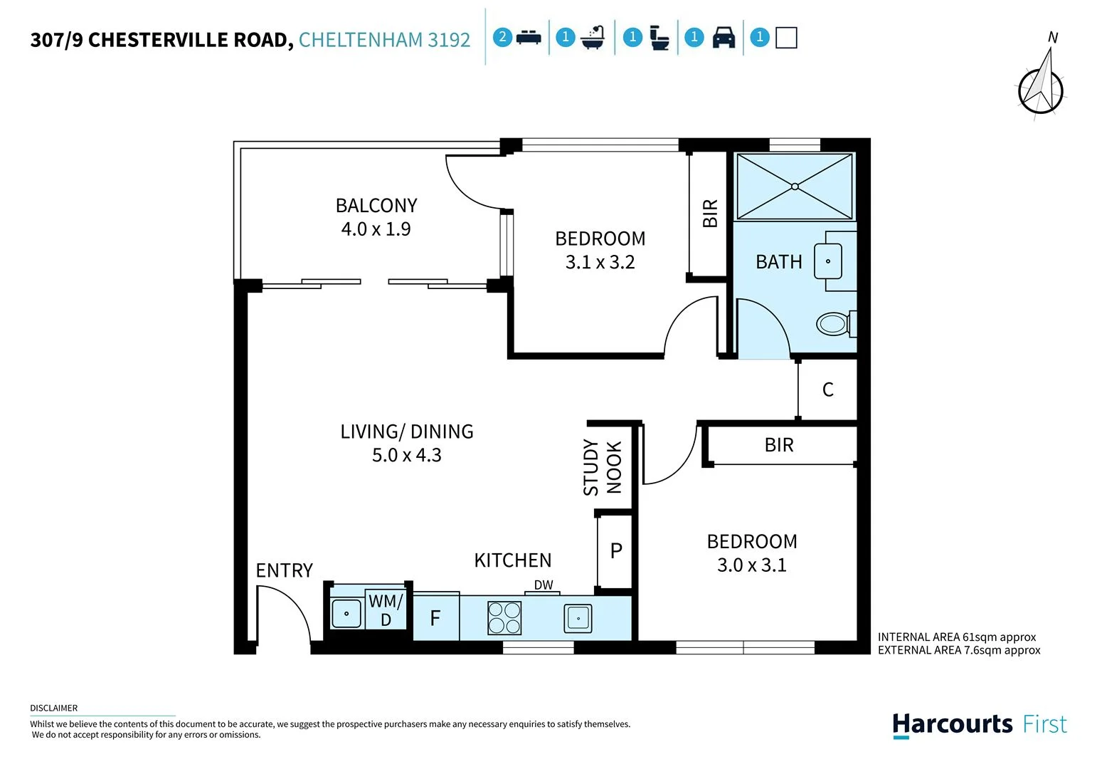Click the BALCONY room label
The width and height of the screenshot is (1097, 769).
(x=376, y=205)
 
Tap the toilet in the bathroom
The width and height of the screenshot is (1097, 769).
(x=836, y=324)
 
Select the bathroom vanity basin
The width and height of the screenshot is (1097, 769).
(x=827, y=261)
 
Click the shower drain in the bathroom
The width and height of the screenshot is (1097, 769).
(x=795, y=187)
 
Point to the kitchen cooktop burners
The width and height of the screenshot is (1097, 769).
(x=504, y=618)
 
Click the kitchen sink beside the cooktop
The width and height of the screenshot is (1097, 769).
(x=578, y=619)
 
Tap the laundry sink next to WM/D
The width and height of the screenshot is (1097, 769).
(x=346, y=614)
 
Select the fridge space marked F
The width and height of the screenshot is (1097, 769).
(x=436, y=617)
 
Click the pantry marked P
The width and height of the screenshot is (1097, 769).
(x=615, y=551)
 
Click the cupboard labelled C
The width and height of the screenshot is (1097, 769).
(x=827, y=389)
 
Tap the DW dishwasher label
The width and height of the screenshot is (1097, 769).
(x=544, y=585)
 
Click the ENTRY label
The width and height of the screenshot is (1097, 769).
(x=284, y=570)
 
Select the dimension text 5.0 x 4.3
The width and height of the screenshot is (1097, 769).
(x=406, y=455)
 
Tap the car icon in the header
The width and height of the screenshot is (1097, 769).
(x=724, y=37)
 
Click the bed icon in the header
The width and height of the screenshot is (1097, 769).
(x=529, y=37)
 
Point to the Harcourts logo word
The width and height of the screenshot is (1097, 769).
(x=952, y=724)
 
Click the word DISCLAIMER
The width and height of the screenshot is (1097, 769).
(x=54, y=708)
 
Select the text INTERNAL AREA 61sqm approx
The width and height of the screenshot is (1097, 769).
(x=956, y=637)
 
